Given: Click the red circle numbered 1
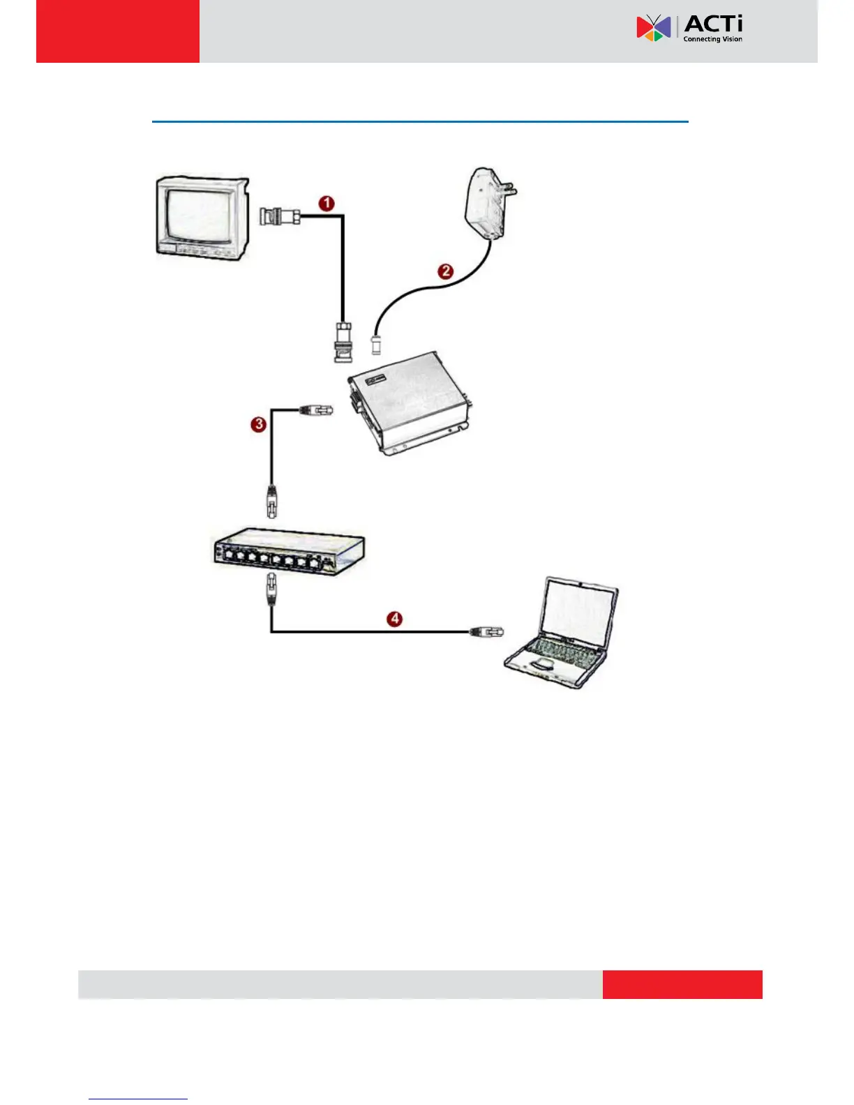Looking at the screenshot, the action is click(327, 204).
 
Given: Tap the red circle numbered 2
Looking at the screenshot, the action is click(446, 271).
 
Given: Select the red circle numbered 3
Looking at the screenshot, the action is click(259, 424).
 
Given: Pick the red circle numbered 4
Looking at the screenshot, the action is click(396, 619).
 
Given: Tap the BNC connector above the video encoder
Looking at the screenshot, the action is click(343, 342).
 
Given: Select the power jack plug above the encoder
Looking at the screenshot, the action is click(377, 343).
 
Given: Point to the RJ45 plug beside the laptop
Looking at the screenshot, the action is click(486, 632).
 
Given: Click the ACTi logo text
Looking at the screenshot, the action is click(713, 24).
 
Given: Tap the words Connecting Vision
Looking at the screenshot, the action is click(712, 39).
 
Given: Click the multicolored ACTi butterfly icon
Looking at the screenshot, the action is click(654, 28).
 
